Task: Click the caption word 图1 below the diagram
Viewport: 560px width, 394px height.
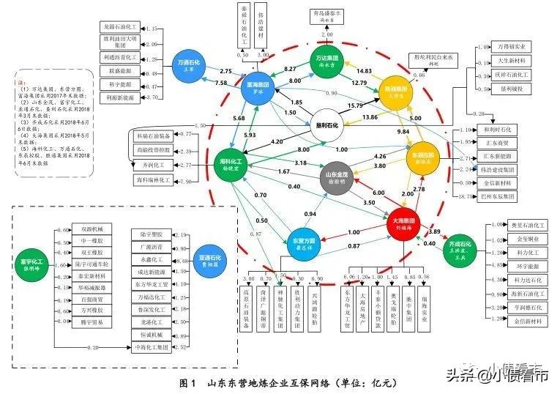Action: (x=189, y=382)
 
